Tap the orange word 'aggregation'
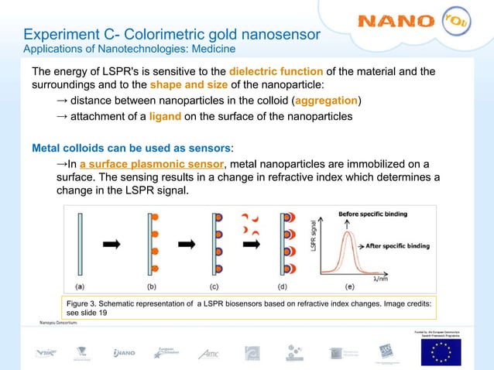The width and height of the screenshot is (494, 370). [x=328, y=101]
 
